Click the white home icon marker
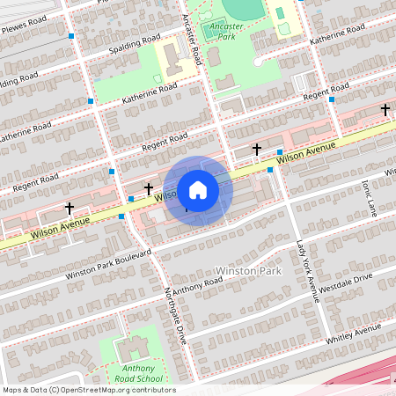point(198,190)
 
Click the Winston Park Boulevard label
point(108,263)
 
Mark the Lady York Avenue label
point(305,264)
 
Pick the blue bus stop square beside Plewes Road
point(70,35)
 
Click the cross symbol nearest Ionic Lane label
point(385,110)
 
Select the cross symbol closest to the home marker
point(149,188)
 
